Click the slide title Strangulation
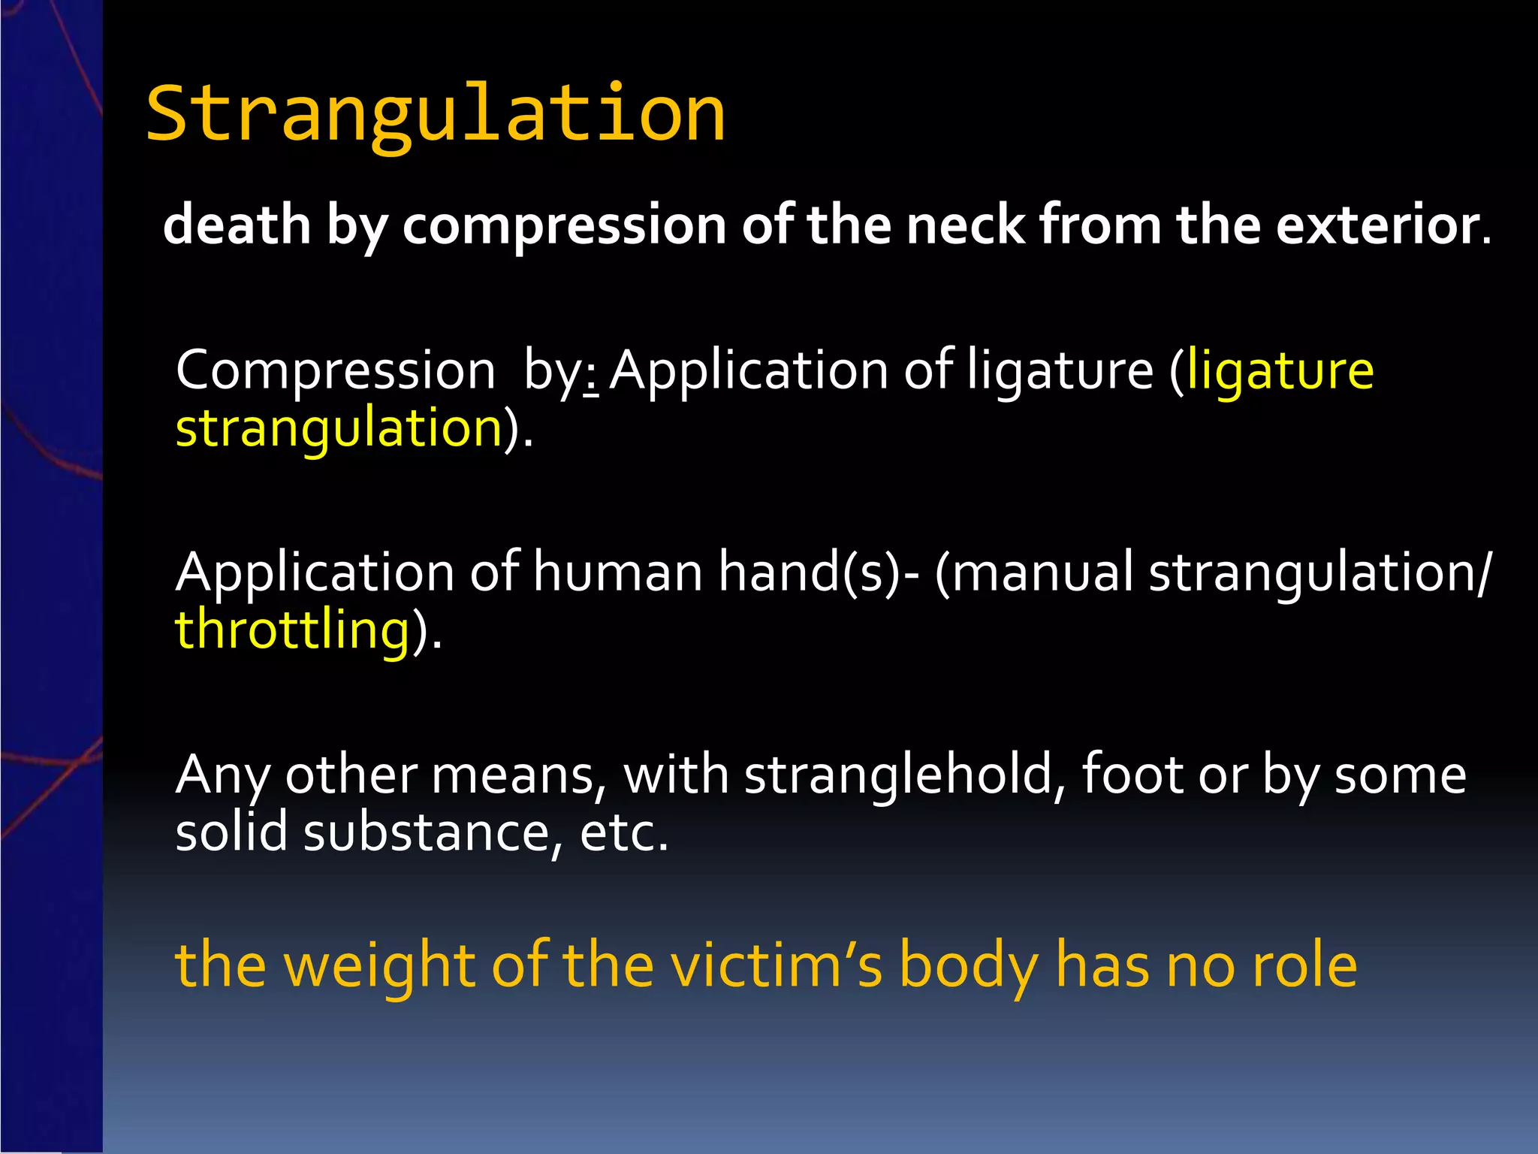coord(436,114)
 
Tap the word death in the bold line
coord(237,225)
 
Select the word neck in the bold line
coord(965,225)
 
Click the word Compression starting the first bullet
coord(336,370)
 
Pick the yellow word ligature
coord(1280,370)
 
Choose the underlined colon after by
coord(591,376)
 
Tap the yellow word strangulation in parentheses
coord(339,428)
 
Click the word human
coord(617,572)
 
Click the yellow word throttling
coord(292,630)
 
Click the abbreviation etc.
coord(623,832)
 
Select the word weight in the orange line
coord(379,965)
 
